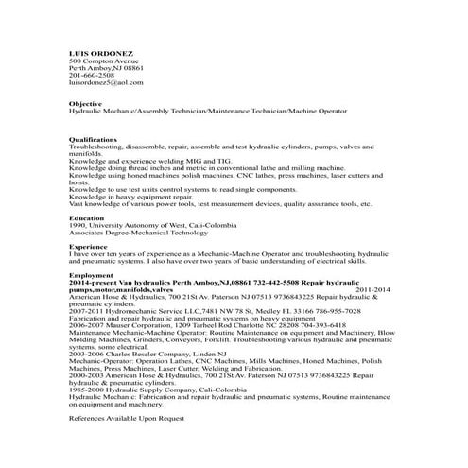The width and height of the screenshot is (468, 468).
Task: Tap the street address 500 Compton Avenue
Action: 105,61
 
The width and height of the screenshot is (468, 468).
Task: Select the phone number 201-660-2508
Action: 92,76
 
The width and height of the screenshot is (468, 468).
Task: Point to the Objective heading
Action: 86,103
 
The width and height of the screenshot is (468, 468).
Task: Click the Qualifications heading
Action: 93,140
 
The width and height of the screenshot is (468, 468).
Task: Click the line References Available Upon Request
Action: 127,418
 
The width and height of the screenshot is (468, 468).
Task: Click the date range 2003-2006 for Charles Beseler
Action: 87,353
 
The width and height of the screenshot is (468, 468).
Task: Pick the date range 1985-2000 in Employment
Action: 87,389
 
